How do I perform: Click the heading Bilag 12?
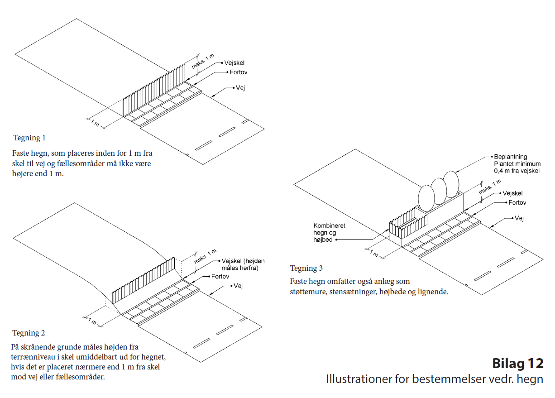(x=517, y=364)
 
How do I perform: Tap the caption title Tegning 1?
(x=29, y=138)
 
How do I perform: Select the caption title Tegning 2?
(x=29, y=333)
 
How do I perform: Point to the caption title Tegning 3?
(x=306, y=268)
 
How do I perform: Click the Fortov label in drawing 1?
(x=238, y=72)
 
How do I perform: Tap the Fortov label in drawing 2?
(x=220, y=276)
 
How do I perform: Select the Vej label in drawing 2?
(x=239, y=286)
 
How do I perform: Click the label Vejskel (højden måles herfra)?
(x=243, y=264)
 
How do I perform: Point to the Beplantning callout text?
(x=517, y=163)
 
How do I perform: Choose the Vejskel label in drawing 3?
(x=512, y=193)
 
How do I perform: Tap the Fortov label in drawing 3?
(x=517, y=203)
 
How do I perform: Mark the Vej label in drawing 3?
(x=519, y=218)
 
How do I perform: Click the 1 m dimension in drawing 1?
(x=94, y=123)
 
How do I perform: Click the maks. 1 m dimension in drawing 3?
(x=490, y=187)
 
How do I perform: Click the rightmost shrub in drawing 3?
(x=451, y=184)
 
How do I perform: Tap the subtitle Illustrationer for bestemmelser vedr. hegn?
(x=434, y=379)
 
